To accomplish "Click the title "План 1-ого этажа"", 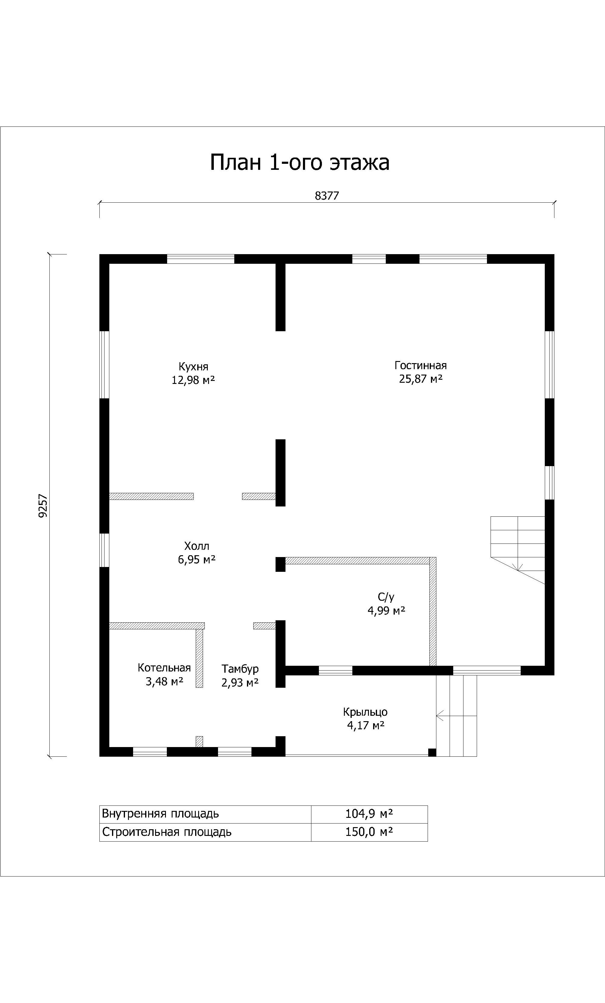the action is [x=300, y=162].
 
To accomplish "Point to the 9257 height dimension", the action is [x=43, y=506].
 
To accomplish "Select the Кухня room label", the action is [x=193, y=366].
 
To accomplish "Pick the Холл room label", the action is [x=197, y=546].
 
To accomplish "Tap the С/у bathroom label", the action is [x=386, y=597].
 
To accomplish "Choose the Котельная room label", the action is [x=164, y=668].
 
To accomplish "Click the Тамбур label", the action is [x=240, y=669].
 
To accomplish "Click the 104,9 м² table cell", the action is [x=369, y=814].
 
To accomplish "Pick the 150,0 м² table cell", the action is [x=369, y=832].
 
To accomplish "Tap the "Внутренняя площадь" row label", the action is [x=161, y=814].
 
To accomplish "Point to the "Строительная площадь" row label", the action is [x=167, y=832].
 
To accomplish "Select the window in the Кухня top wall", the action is [x=201, y=259].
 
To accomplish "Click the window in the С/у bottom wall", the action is [x=335, y=670].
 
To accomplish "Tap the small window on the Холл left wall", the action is [x=104, y=550].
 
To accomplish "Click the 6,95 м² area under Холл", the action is [x=197, y=560].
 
